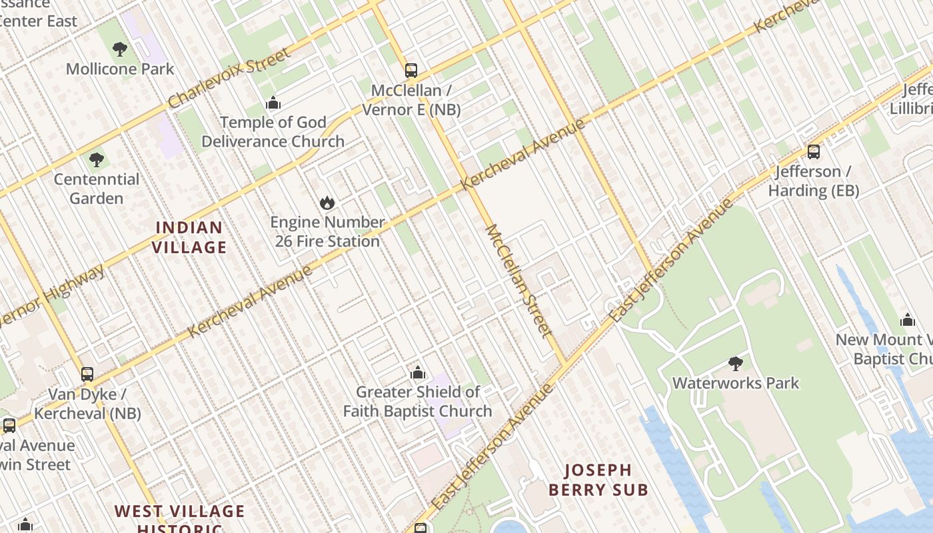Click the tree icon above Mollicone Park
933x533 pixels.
coord(120,49)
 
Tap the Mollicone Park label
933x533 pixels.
coord(120,69)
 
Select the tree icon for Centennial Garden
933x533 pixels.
coord(97,159)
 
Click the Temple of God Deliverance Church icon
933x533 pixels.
coord(273,103)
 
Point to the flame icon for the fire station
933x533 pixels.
coord(327,203)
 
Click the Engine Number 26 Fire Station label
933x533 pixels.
coord(327,232)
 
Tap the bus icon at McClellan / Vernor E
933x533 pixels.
coord(411,70)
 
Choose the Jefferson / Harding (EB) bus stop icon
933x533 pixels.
coord(814,152)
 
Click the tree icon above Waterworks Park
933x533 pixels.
coord(736,364)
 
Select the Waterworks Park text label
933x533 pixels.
coord(736,383)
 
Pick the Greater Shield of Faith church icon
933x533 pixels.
coord(418,372)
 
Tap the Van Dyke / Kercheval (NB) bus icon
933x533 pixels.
coord(87,374)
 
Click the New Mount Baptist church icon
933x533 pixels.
coord(908,320)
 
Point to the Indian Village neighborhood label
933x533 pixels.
coord(189,237)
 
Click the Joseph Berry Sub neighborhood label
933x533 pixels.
coord(598,480)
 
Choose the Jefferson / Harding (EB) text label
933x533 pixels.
coord(813,181)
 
